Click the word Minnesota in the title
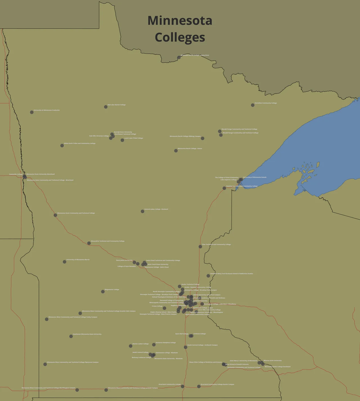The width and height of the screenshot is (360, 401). point(180,21)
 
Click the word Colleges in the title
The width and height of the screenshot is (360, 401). point(180,37)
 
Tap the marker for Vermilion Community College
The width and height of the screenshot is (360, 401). point(253,105)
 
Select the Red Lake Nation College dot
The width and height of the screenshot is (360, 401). point(106,107)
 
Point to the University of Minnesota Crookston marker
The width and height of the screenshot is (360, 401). point(32,112)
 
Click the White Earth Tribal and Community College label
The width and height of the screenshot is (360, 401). point(80,144)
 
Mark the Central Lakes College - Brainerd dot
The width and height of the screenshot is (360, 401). point(142,211)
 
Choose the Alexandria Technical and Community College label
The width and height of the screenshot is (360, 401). point(107,241)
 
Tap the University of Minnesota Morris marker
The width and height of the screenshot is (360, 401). point(64,262)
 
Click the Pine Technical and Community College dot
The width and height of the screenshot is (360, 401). point(200,247)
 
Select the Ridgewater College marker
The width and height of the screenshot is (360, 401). point(103,292)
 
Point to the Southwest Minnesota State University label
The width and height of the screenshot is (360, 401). point(87,334)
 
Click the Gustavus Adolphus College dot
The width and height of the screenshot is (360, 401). point(154,344)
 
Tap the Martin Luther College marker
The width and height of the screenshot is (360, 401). point(130,346)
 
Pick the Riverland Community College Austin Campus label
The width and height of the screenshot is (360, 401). point(217,384)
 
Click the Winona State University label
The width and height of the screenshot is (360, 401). point(273,360)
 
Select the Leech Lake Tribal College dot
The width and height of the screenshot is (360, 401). point(122,140)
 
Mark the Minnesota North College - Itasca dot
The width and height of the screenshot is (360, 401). point(176,151)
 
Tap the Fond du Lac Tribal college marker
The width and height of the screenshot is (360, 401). point(224,188)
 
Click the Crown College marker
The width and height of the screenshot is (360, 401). point(165,308)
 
